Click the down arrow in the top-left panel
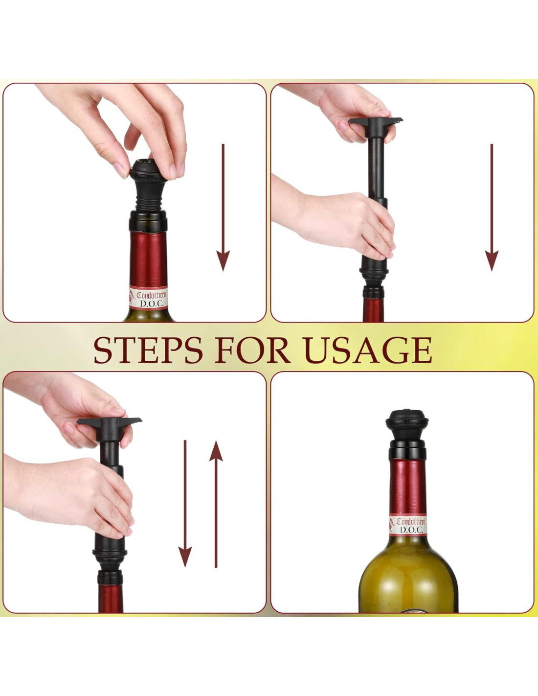point(223,208)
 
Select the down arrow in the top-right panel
point(492,208)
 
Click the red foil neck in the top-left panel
point(148,258)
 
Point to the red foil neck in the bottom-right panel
point(407,486)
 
